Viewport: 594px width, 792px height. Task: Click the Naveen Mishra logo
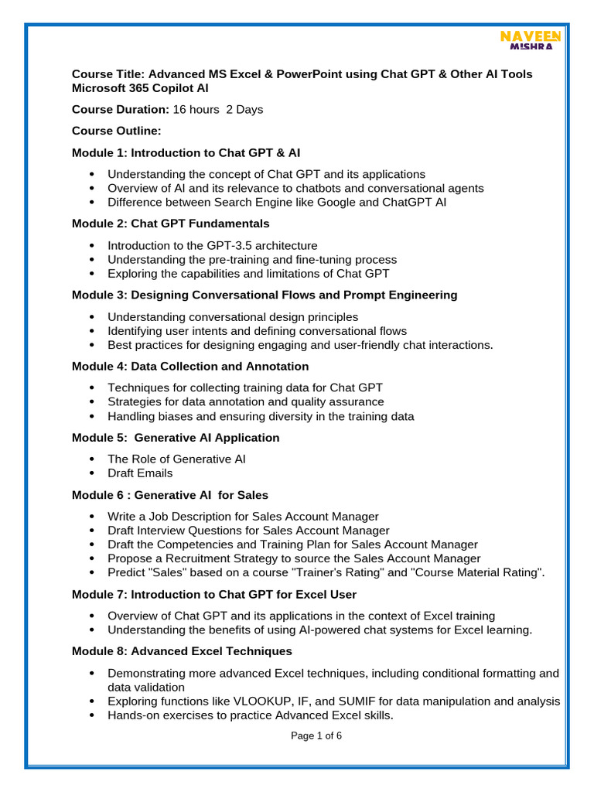(x=531, y=41)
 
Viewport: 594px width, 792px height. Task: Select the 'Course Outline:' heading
(x=116, y=131)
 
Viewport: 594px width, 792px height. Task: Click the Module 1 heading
(x=186, y=152)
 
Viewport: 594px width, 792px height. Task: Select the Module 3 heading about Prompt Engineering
(x=265, y=295)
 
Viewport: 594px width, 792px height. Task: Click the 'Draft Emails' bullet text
(x=140, y=473)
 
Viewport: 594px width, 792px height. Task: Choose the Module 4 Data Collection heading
(x=190, y=366)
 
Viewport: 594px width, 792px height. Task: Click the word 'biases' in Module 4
(x=175, y=416)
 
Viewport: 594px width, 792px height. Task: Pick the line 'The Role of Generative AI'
(x=176, y=459)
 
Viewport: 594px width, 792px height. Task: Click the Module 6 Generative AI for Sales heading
(x=170, y=494)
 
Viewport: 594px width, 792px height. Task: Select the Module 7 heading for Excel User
(x=214, y=594)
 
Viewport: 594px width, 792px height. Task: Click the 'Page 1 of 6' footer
(x=316, y=736)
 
